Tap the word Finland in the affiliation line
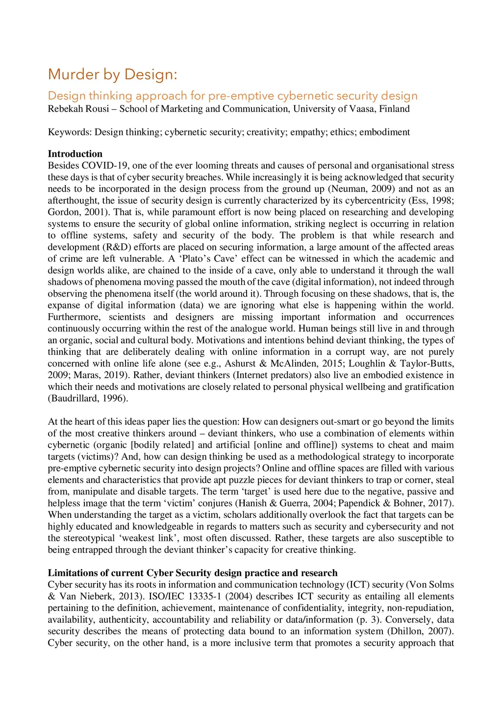(395, 109)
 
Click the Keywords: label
(70, 132)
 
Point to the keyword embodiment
(385, 132)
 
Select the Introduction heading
(75, 154)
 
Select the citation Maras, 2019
(89, 375)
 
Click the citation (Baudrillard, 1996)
(88, 399)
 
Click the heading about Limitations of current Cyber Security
(193, 573)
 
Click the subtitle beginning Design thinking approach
(232, 96)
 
